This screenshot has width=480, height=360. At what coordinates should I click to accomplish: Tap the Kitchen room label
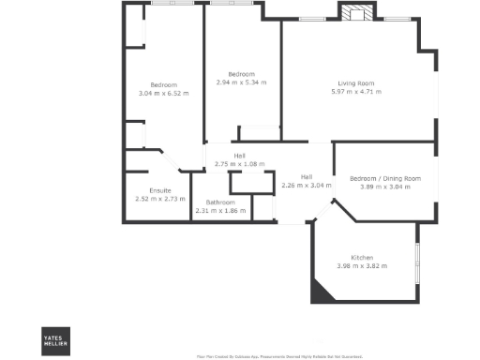point(362,258)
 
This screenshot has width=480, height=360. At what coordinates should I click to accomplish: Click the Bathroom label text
point(220,202)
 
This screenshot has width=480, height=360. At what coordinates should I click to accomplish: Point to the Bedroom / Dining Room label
point(385,178)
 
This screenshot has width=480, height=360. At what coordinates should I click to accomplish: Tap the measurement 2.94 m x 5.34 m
point(241,82)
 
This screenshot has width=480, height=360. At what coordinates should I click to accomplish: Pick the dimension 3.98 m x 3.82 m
point(362,266)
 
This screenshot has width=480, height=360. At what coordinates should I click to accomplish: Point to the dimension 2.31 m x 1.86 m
point(220,211)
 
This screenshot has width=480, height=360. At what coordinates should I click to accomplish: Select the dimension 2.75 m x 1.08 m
point(240,164)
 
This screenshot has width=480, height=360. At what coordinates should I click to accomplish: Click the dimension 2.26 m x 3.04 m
point(307,185)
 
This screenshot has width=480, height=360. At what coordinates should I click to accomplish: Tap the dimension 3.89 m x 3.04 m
point(385,187)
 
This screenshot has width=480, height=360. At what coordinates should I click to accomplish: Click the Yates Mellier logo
point(55,339)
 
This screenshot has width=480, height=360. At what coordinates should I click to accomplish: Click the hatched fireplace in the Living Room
point(355,13)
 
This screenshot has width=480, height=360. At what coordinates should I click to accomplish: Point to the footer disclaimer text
point(265,356)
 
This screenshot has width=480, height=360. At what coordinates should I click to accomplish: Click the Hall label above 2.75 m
point(240,156)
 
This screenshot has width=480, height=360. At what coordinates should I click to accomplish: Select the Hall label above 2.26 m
point(307,176)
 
